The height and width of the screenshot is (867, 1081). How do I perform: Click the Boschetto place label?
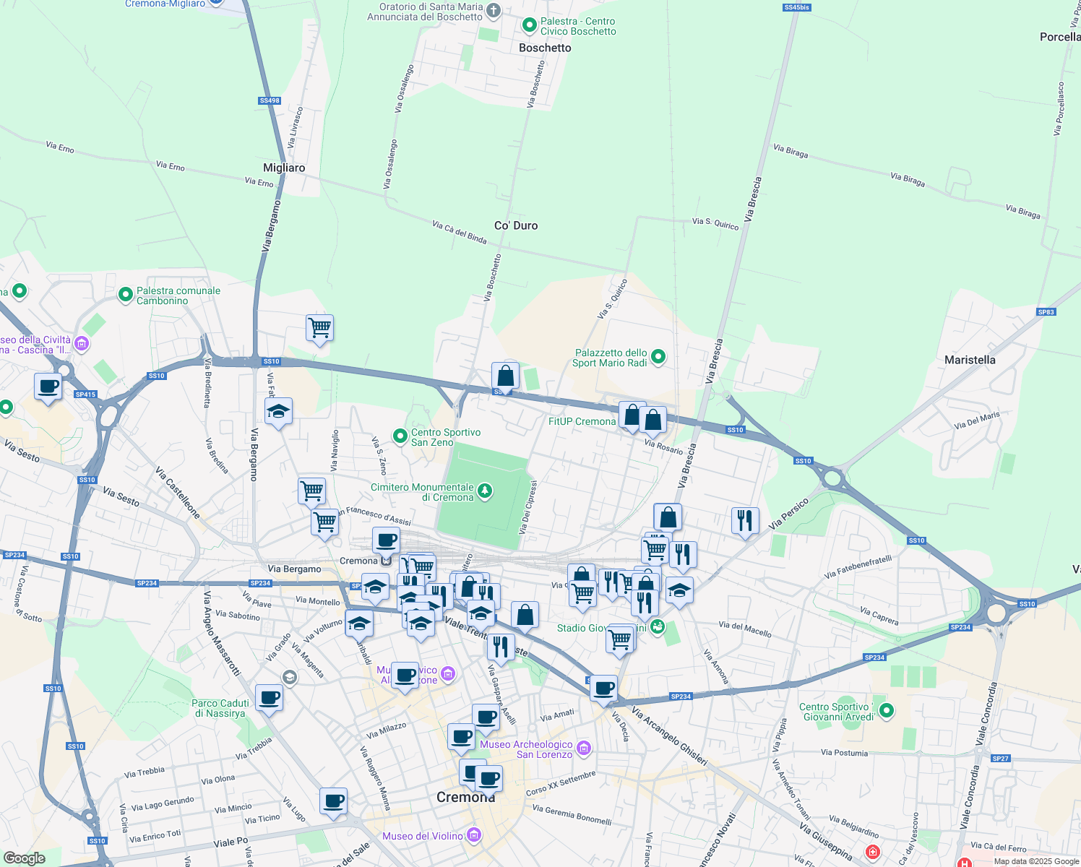click(545, 48)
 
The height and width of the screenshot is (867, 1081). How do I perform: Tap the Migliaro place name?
click(284, 168)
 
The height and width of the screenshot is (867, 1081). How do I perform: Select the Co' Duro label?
click(516, 225)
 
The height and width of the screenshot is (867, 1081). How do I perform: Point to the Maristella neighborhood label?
click(970, 360)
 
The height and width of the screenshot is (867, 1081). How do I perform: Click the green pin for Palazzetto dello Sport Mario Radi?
click(658, 356)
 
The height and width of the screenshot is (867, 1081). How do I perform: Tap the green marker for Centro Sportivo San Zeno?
click(400, 436)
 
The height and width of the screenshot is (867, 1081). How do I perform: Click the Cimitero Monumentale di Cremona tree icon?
click(486, 491)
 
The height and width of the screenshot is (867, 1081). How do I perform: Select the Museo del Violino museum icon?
click(474, 836)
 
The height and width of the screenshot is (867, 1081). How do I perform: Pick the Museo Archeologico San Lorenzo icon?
click(585, 748)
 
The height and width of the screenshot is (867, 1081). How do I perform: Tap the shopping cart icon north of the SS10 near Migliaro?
click(319, 329)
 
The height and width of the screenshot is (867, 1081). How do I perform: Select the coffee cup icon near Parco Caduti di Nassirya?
click(269, 699)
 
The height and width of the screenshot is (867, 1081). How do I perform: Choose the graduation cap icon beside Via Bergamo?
click(278, 412)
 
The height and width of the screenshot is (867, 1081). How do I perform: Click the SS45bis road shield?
click(796, 7)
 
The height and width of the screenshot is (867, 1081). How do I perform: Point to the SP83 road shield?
click(1046, 312)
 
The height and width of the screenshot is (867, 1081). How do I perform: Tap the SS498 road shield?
click(269, 101)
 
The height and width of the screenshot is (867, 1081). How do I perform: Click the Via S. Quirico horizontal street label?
click(715, 224)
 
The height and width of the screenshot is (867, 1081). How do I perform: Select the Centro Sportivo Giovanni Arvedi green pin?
click(887, 711)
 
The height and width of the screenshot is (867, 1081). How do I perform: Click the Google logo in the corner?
click(24, 858)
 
